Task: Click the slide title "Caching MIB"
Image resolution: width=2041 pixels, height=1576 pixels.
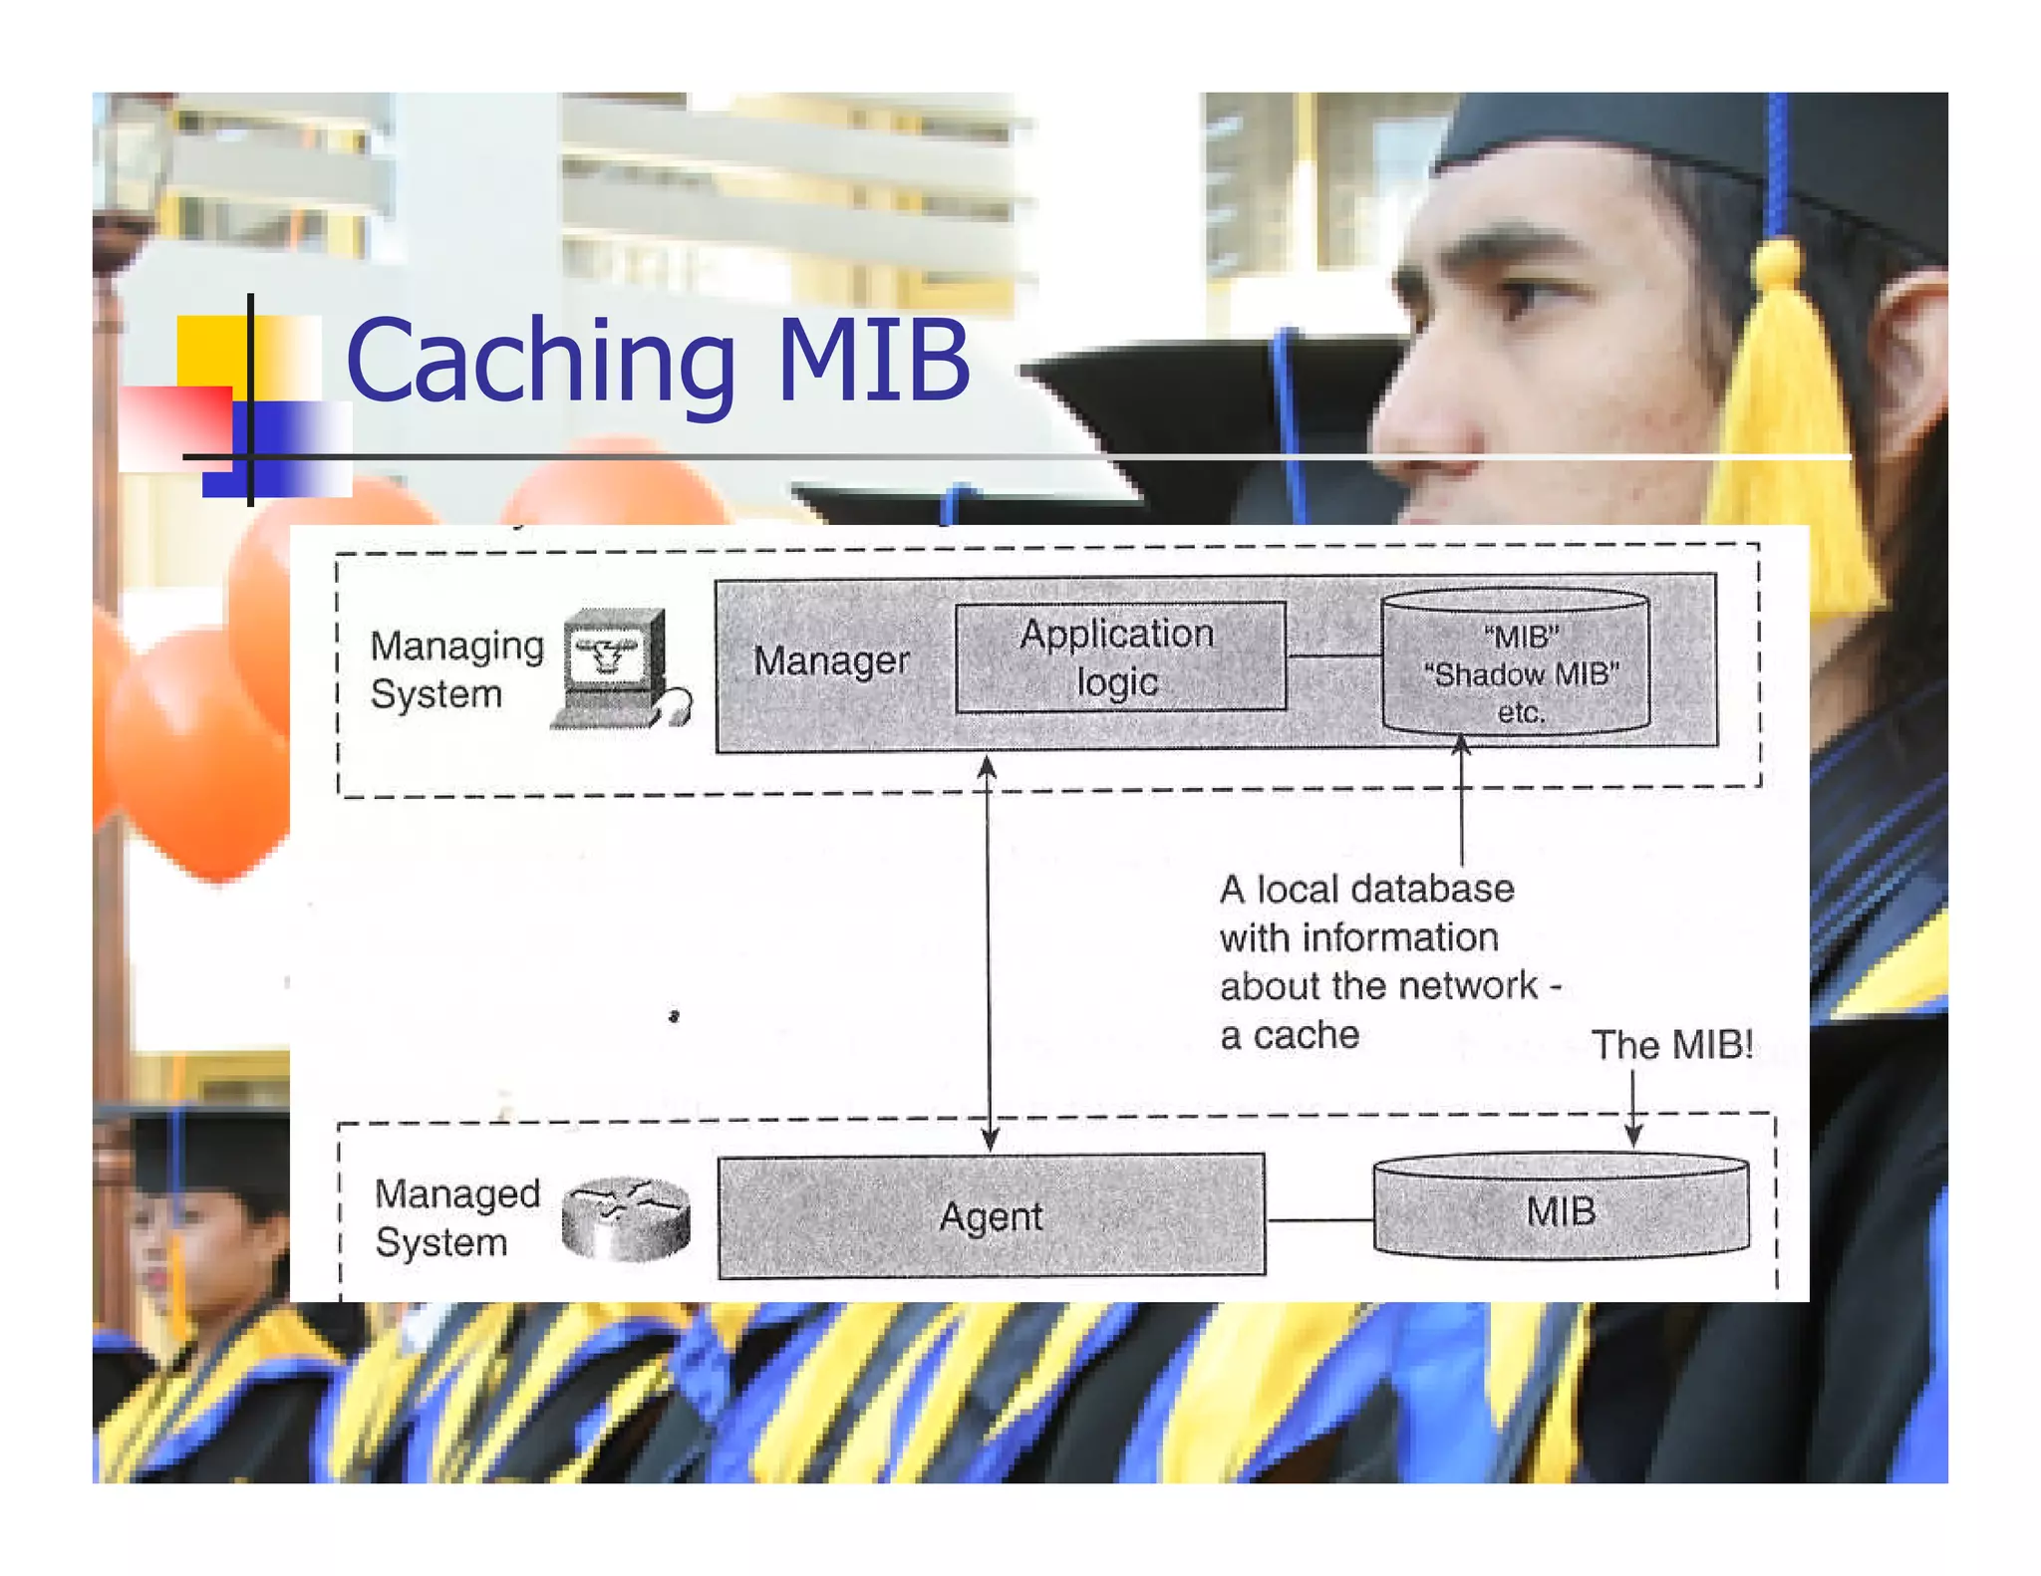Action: [x=658, y=361]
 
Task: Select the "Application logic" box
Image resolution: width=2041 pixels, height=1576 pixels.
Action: [x=1119, y=657]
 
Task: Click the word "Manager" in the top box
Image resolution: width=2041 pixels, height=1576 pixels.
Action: [x=831, y=660]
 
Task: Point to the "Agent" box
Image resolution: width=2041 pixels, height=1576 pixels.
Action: [x=992, y=1216]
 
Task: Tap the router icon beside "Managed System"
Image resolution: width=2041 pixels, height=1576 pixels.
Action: [x=626, y=1218]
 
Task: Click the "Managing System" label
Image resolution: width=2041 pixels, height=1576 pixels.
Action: [x=455, y=669]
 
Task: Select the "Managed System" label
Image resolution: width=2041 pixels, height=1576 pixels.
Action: [x=456, y=1217]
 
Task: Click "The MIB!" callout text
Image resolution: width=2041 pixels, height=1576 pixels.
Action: [x=1671, y=1045]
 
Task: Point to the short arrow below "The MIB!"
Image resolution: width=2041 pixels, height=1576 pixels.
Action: [x=1633, y=1109]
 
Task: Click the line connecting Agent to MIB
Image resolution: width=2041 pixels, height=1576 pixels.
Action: [x=1319, y=1219]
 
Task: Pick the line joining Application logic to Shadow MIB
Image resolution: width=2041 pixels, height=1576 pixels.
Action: [x=1333, y=656]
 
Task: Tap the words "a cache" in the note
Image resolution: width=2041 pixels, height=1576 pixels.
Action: [x=1290, y=1036]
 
